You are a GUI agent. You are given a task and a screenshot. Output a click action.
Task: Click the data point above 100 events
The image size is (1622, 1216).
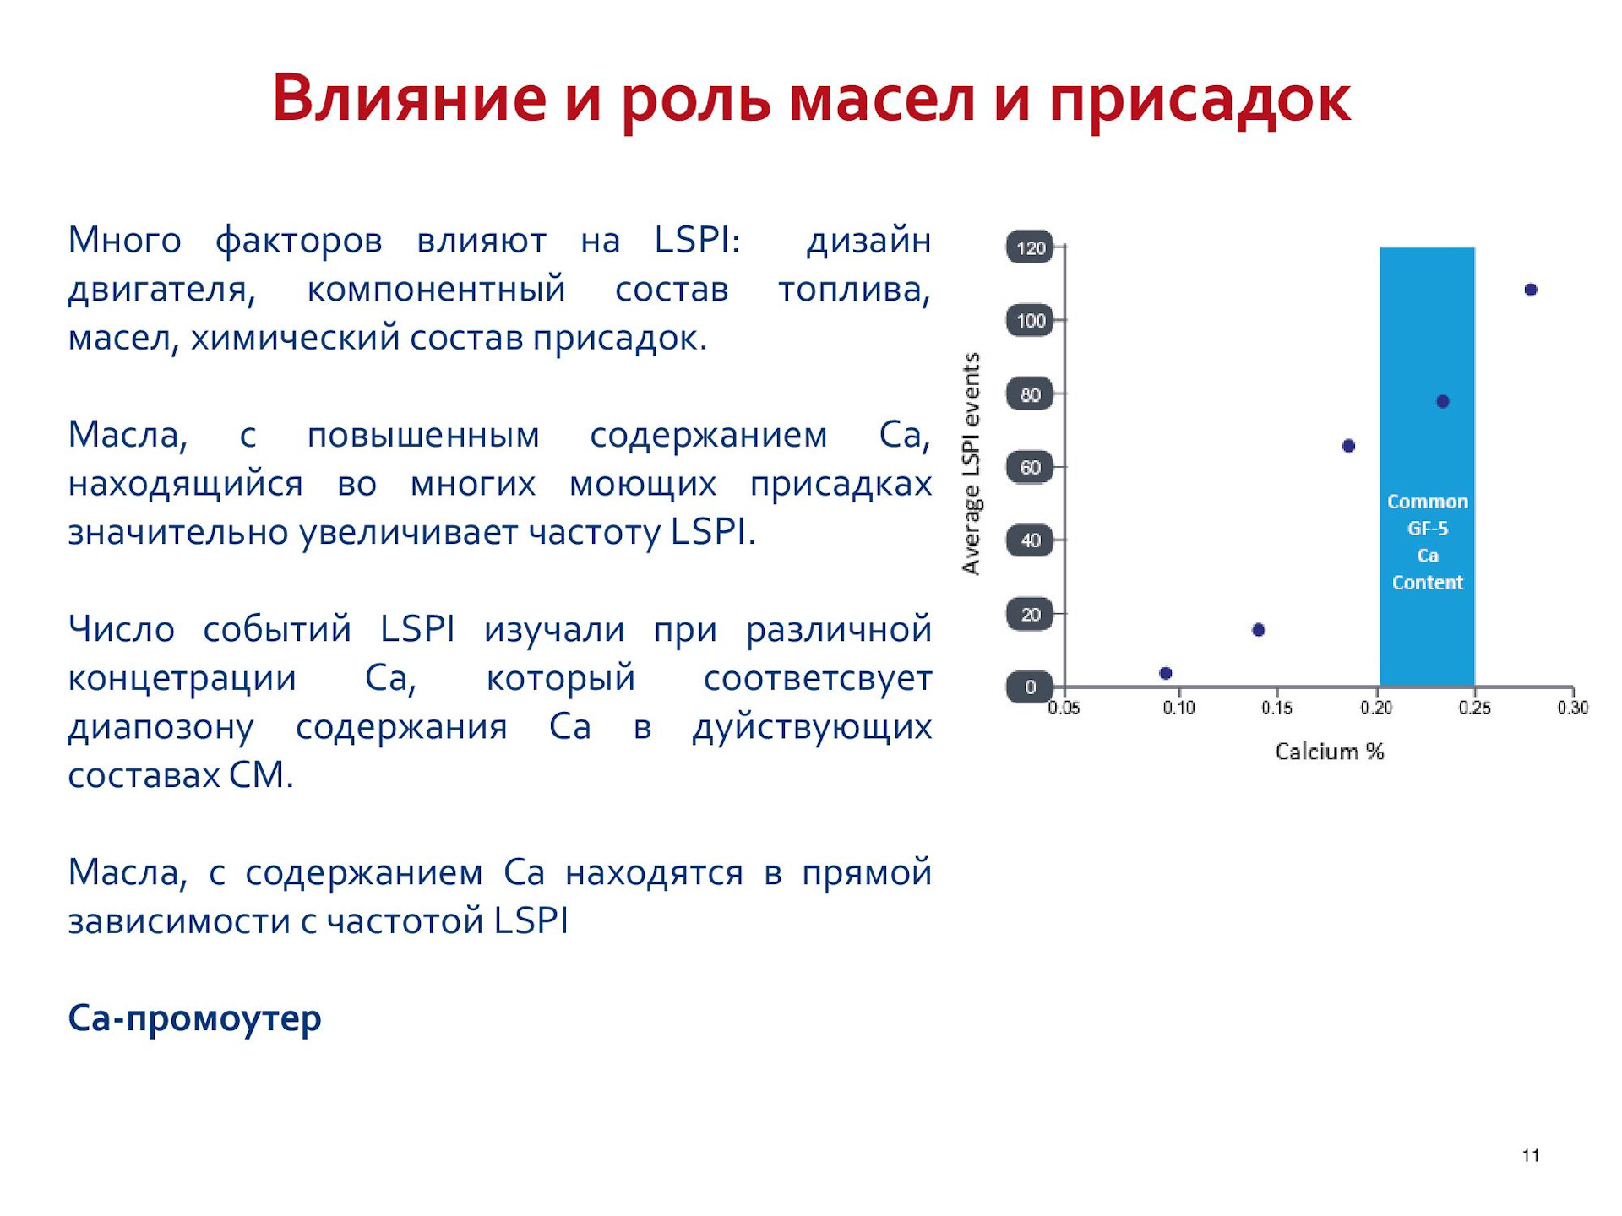click(x=1531, y=290)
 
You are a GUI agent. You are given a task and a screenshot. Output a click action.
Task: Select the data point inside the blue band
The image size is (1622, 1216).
click(x=1443, y=401)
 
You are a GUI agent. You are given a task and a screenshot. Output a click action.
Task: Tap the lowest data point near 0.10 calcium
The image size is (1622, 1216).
click(x=1166, y=673)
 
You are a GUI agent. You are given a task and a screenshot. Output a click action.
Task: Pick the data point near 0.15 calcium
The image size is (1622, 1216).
click(x=1258, y=630)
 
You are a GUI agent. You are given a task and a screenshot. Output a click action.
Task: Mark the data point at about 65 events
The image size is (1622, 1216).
click(x=1348, y=446)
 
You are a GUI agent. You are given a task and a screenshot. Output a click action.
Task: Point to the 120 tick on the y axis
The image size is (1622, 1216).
click(x=1030, y=247)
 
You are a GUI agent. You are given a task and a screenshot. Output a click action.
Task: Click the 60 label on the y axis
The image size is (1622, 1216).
click(x=1030, y=467)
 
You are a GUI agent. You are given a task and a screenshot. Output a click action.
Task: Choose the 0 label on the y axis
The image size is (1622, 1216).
click(x=1030, y=687)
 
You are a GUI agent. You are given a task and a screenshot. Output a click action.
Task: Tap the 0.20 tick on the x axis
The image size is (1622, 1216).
click(x=1376, y=708)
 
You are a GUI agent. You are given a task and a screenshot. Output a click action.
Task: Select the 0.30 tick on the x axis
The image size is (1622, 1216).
click(x=1573, y=708)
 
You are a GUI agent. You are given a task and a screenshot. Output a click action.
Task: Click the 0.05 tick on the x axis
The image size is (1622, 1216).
click(x=1064, y=708)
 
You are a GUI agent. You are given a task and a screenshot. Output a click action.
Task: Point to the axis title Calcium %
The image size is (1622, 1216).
click(x=1330, y=752)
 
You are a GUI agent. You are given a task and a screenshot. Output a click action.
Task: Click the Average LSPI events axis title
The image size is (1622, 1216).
click(x=972, y=464)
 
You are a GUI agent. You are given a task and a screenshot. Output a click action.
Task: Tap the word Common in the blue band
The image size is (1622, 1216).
click(x=1428, y=502)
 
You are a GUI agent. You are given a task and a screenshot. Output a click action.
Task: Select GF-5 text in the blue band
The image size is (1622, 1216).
click(x=1428, y=529)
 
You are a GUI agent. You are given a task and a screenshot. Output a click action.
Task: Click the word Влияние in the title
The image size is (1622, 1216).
click(x=410, y=99)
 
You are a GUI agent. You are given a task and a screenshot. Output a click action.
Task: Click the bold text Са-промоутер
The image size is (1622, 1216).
click(x=194, y=1018)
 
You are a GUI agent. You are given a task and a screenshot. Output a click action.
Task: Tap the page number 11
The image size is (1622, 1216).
click(x=1531, y=1156)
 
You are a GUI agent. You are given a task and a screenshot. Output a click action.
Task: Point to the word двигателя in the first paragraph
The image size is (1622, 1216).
click(x=161, y=290)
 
